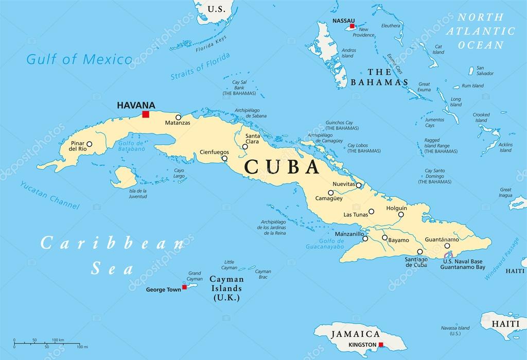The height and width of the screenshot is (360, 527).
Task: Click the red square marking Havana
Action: point(146,114)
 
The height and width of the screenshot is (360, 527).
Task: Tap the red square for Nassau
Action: point(352,26)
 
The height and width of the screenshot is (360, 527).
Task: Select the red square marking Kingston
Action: point(381,345)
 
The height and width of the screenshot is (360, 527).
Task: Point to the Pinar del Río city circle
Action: point(89,145)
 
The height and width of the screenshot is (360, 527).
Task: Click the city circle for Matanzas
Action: point(179,117)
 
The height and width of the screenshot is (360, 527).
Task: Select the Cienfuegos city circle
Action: point(224,159)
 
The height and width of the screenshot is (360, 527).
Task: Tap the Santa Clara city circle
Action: point(245,147)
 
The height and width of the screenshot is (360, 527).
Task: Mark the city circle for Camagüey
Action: point(331,193)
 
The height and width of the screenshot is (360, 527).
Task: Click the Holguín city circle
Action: point(400,215)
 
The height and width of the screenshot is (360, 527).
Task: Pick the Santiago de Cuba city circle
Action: point(420,252)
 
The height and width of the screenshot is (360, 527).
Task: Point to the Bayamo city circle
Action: point(384,237)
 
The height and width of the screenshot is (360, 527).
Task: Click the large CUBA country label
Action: point(281,167)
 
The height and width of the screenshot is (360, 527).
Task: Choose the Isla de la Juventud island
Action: point(123,177)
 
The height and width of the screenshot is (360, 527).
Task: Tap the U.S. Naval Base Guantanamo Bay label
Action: point(464,265)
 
